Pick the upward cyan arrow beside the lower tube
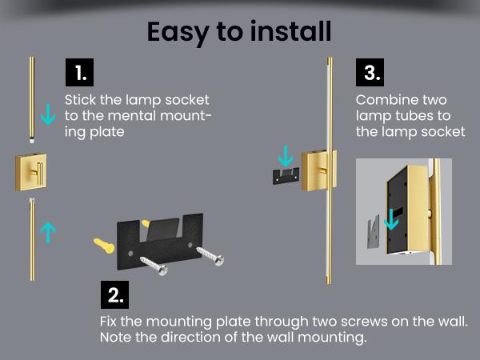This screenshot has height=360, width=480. tap(49, 232)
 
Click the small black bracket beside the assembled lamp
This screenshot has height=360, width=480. tap(286, 175)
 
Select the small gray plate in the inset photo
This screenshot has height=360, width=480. tap(372, 230)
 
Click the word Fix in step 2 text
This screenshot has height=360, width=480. tap(110, 322)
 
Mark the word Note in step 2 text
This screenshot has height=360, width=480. tap(115, 338)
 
